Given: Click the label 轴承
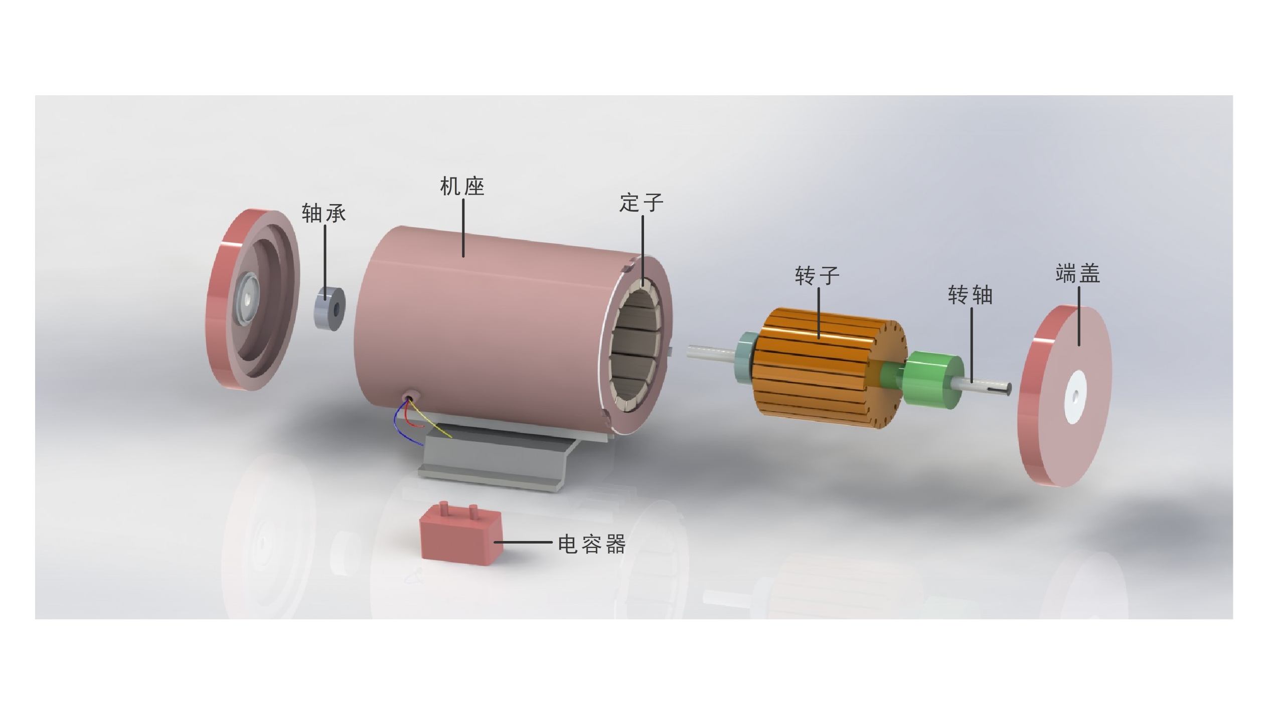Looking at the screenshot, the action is click(324, 214).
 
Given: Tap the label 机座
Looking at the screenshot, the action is click(462, 187).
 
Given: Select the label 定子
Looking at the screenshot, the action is click(642, 203).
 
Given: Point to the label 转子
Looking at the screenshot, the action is click(817, 276).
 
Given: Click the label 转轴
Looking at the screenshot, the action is click(971, 295).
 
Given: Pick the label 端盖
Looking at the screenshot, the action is click(1078, 273).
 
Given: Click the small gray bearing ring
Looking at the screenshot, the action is click(330, 308).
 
